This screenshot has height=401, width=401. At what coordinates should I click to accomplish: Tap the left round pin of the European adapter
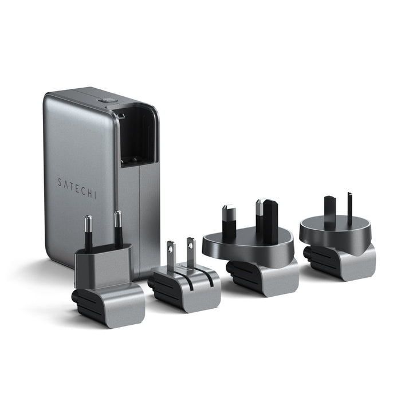click(x=88, y=233)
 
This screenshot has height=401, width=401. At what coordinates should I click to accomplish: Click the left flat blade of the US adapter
click(x=171, y=254)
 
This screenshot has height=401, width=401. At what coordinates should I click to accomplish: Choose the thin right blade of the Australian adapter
click(x=349, y=207)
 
